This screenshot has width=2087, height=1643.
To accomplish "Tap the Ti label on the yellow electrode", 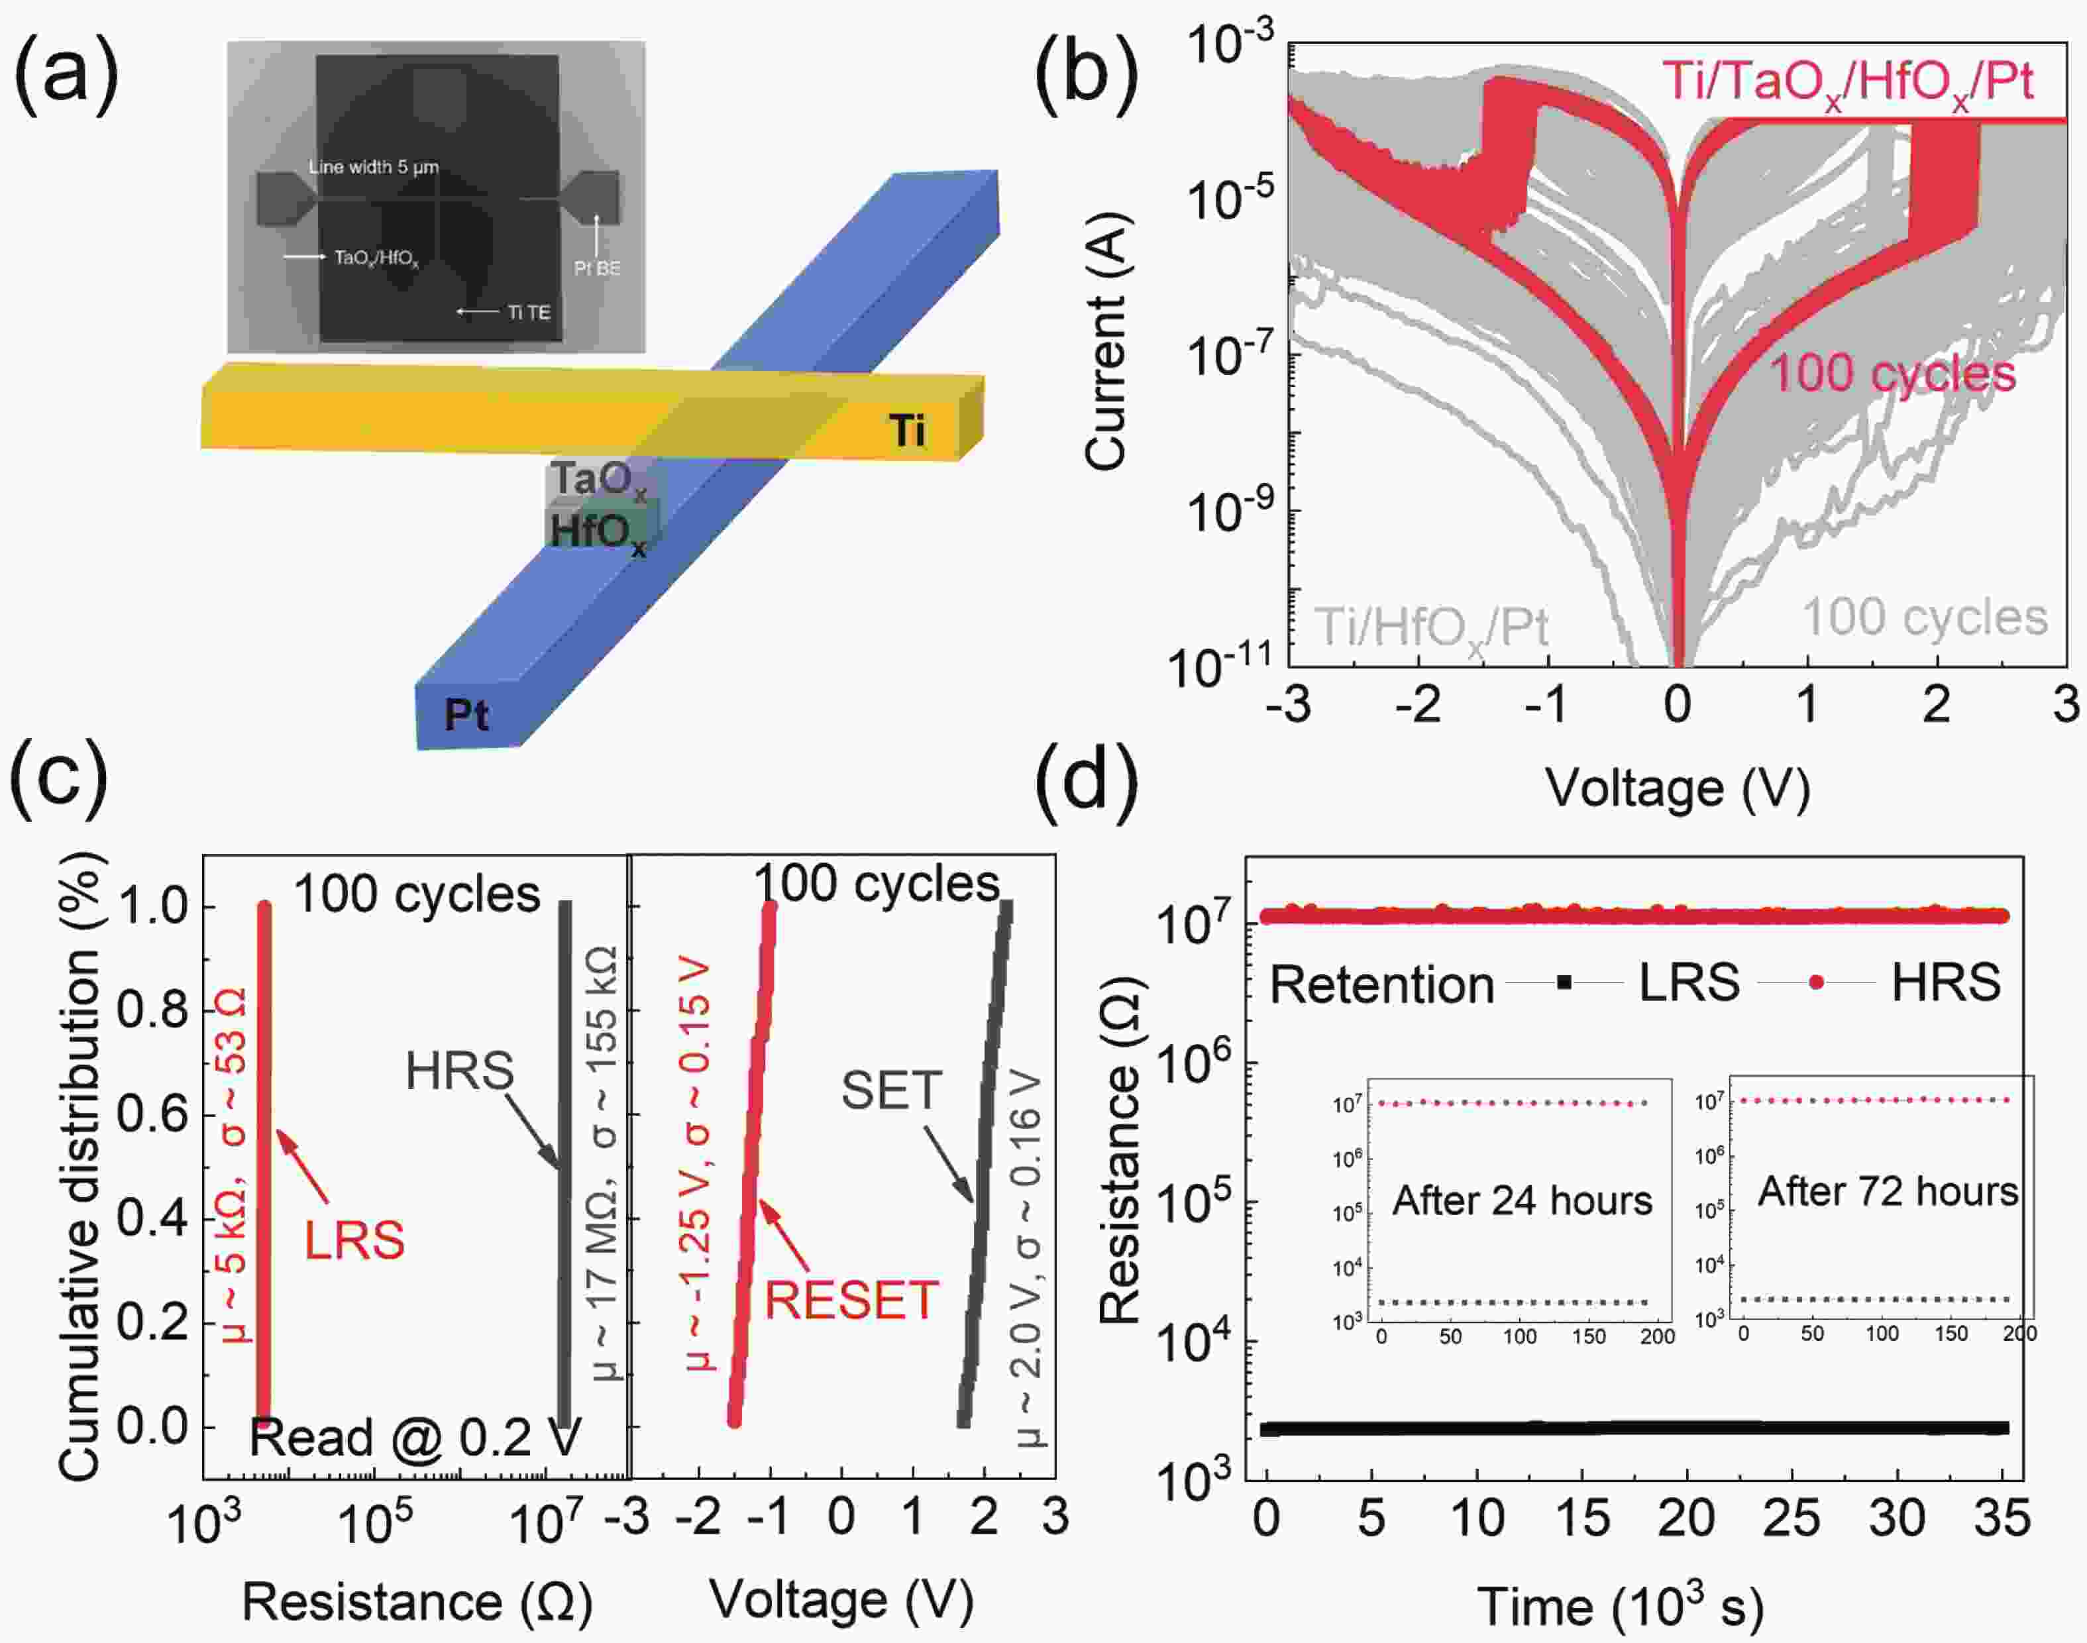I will (x=907, y=429).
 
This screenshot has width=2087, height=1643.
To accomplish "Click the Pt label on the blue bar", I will (x=466, y=715).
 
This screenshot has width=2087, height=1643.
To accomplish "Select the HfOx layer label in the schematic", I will (x=597, y=531).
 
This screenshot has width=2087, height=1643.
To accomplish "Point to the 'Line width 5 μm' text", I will (x=373, y=168).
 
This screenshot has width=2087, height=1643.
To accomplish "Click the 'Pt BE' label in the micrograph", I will (x=596, y=268).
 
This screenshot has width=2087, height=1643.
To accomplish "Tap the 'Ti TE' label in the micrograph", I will (x=529, y=313).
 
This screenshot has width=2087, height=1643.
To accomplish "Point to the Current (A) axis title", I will (x=1106, y=341).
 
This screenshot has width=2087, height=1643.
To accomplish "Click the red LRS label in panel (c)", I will (x=354, y=1240).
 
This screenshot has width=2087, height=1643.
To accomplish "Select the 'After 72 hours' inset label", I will (x=1887, y=1191).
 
